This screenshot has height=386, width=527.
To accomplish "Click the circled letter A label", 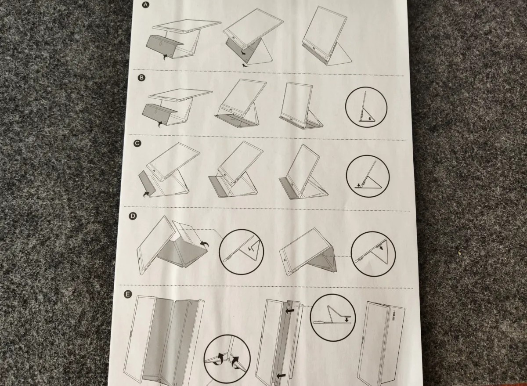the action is (x=146, y=5).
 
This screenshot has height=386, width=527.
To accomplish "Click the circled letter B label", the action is (x=141, y=78).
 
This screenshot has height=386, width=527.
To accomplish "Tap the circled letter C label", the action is (x=137, y=144).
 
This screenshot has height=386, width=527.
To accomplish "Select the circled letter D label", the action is (x=133, y=216).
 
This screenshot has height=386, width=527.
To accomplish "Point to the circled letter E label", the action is (x=128, y=294).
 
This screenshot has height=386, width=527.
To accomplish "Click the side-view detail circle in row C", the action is (x=368, y=176).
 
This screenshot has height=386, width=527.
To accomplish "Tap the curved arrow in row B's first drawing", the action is (x=161, y=124).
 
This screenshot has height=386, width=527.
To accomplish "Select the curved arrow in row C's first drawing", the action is (x=147, y=194).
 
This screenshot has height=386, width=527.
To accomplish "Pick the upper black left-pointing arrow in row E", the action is (x=290, y=311).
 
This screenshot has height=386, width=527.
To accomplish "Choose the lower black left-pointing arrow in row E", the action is (x=281, y=375).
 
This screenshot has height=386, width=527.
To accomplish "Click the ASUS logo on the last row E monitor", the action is (x=393, y=316).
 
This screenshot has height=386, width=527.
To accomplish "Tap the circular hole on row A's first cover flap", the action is (x=160, y=44).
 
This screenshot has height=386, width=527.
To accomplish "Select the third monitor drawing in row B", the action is (x=301, y=105).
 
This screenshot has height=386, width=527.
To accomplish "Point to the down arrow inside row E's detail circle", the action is (x=347, y=320).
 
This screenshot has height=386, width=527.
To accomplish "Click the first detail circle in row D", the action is (x=242, y=252).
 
